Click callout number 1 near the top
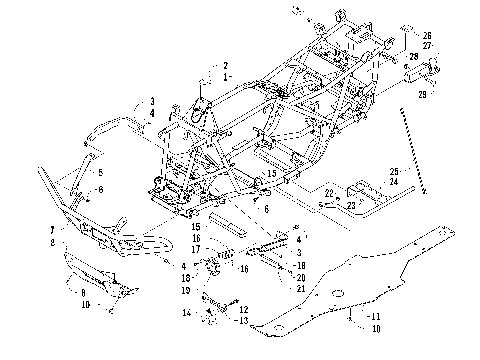pos(226,76)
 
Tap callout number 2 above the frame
pos(226,65)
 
